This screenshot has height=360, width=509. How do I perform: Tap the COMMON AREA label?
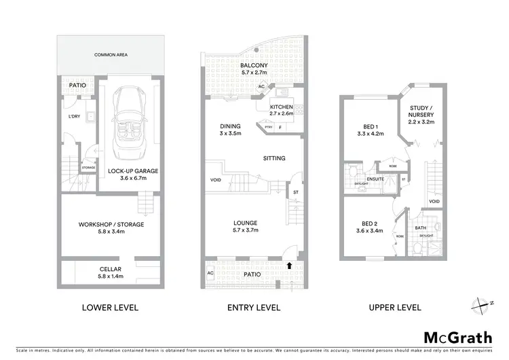point(111,54)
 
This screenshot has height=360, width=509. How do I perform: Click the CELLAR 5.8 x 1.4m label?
point(110,273)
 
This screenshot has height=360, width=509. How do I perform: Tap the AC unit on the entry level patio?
point(210,273)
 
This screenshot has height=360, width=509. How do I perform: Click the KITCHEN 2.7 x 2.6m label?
point(281,111)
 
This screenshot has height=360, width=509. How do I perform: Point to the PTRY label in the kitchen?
point(268,126)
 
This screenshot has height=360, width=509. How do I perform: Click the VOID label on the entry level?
point(216,180)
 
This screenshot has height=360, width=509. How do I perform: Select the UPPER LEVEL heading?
point(394,308)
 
